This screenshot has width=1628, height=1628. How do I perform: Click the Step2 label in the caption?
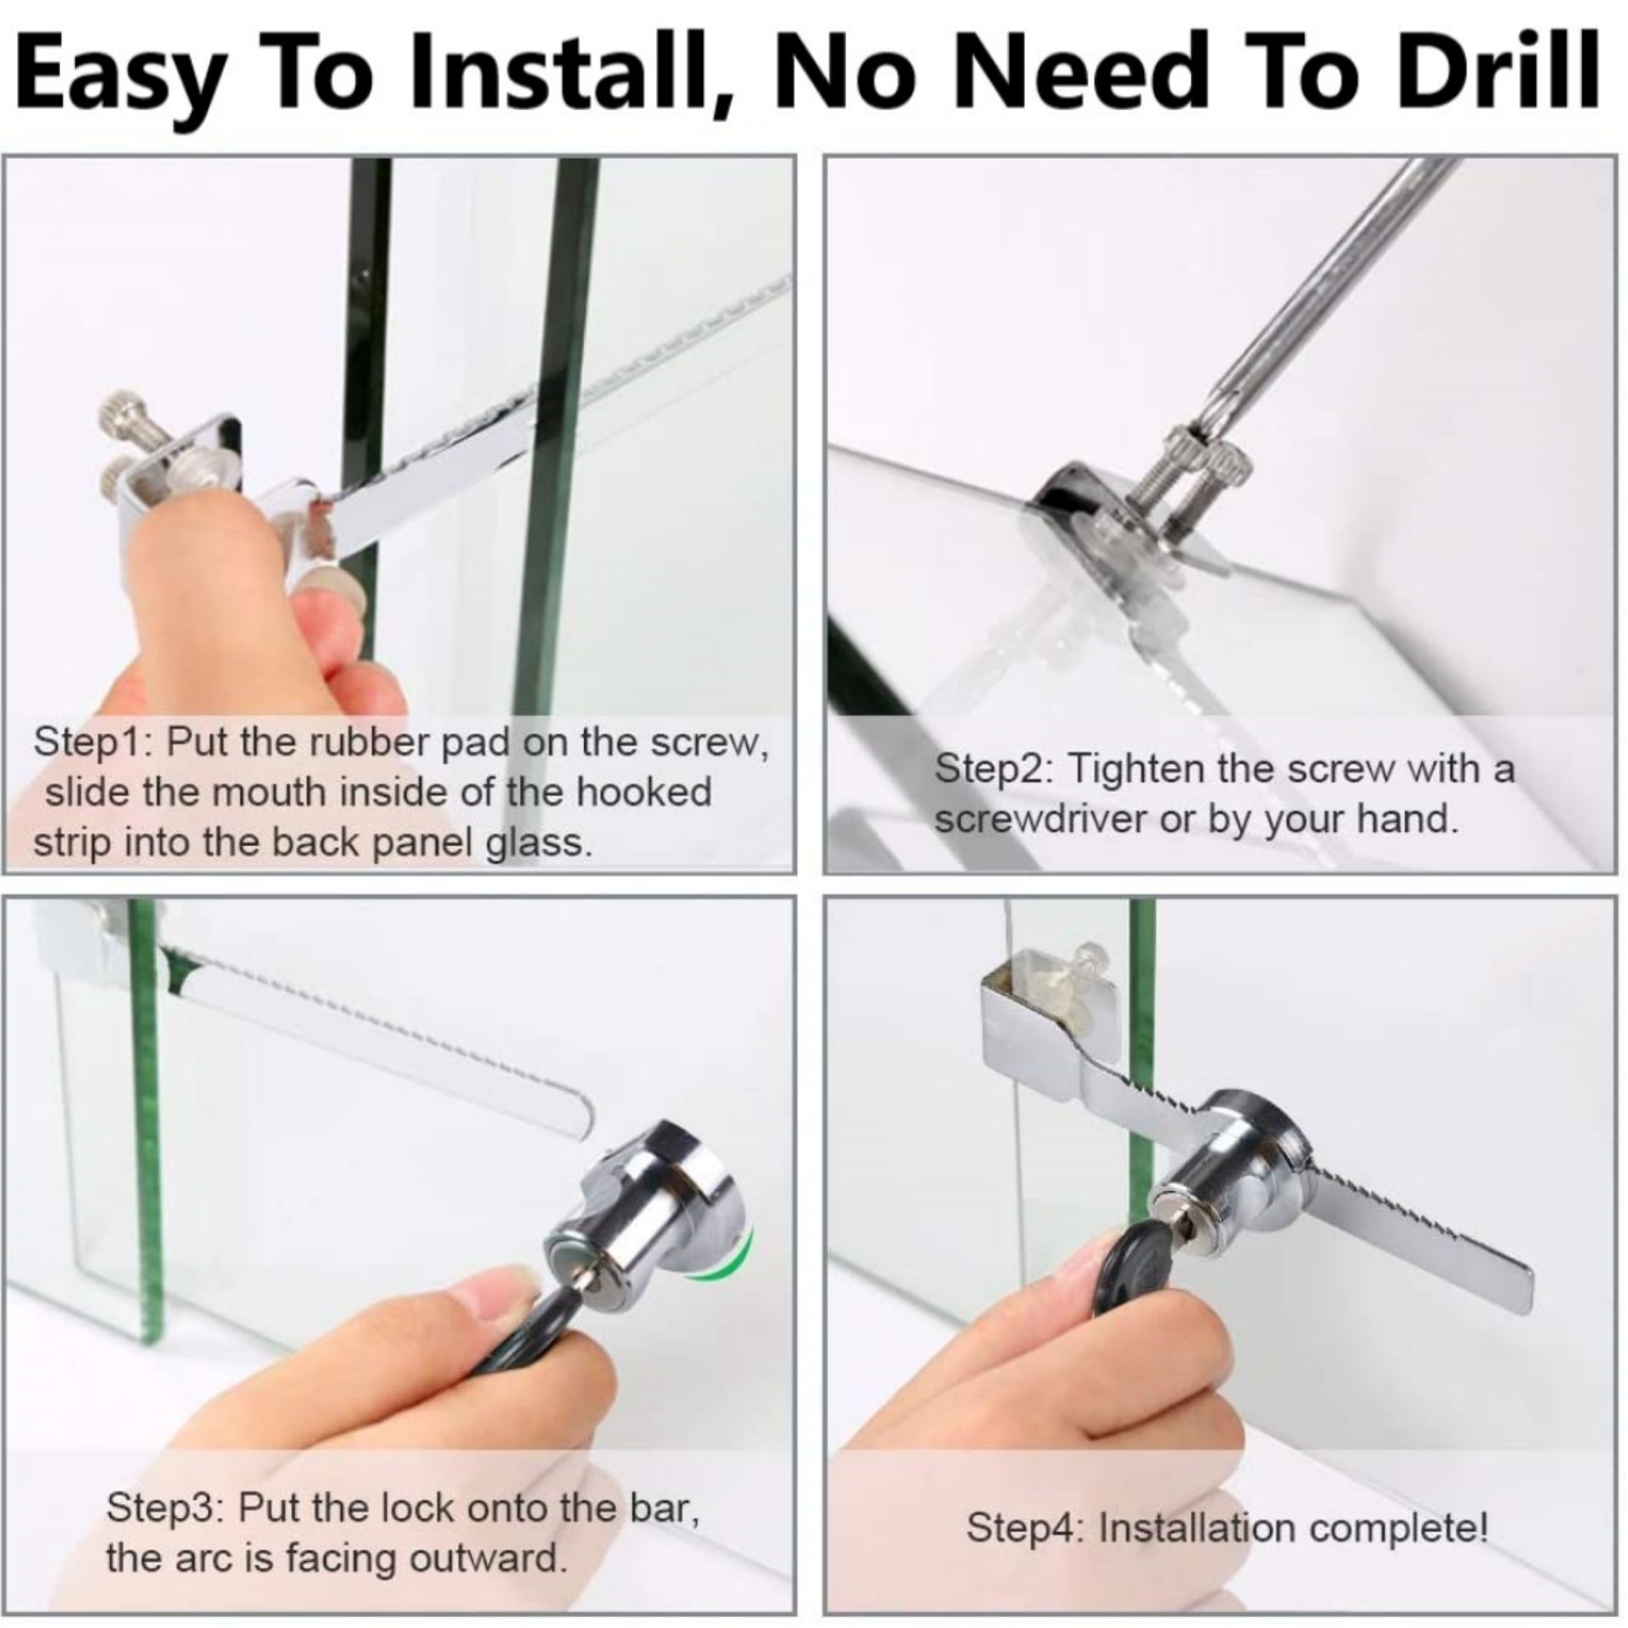point(991,771)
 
